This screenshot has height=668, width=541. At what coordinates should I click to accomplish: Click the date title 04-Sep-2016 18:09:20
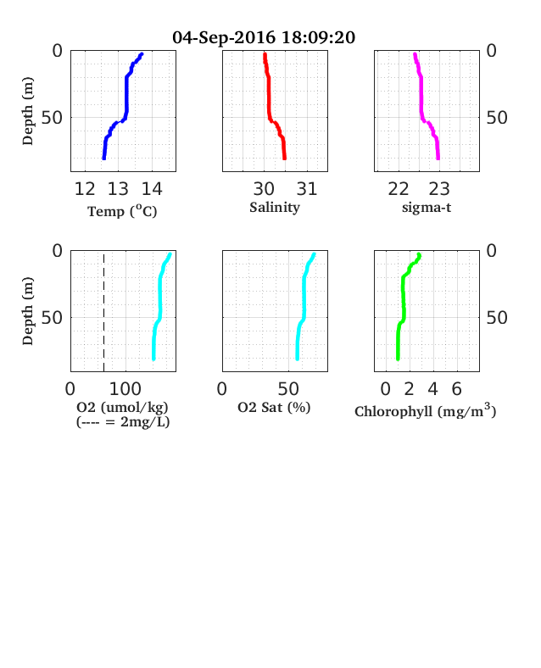click(x=264, y=37)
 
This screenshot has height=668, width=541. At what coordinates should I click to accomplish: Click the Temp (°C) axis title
click(x=122, y=211)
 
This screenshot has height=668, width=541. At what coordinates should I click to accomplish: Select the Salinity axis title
click(x=275, y=208)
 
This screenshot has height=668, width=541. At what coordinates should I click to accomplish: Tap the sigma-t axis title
click(x=427, y=208)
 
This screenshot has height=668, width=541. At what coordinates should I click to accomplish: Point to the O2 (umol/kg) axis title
click(x=122, y=408)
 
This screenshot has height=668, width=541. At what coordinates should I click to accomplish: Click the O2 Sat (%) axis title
click(x=274, y=408)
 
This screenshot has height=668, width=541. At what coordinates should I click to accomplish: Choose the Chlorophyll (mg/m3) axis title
click(x=425, y=410)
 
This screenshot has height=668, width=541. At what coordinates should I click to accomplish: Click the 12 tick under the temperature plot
click(x=85, y=189)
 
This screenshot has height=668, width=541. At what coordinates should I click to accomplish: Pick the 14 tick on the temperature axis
click(x=152, y=189)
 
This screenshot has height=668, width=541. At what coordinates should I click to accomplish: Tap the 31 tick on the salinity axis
click(x=307, y=189)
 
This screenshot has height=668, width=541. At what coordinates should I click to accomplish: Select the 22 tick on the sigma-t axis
click(x=399, y=189)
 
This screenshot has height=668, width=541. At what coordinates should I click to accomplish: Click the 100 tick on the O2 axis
click(x=125, y=389)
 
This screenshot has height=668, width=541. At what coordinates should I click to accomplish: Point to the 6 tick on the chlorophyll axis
click(x=457, y=389)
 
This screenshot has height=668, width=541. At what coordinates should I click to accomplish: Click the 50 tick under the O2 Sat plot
click(x=288, y=389)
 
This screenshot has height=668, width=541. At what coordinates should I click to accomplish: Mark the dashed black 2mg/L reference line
click(x=104, y=312)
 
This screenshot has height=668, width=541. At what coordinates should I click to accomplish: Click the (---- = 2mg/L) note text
click(x=123, y=422)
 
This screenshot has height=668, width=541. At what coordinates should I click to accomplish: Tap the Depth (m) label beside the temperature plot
click(x=28, y=111)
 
